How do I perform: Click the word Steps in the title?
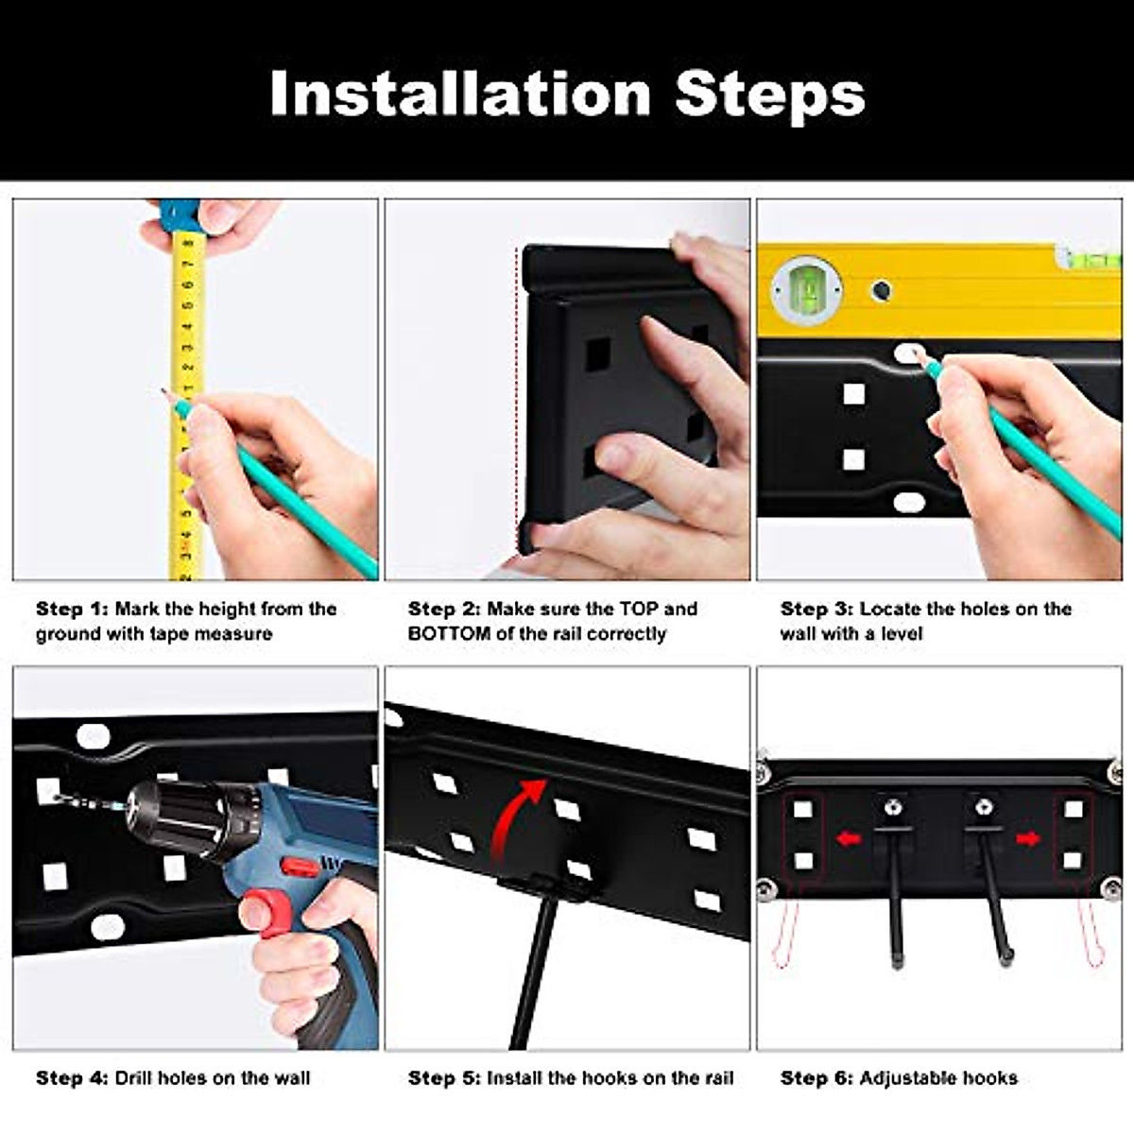pos(771,97)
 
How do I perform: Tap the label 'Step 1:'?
pos(73,610)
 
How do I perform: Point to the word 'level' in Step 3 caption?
pos(902,634)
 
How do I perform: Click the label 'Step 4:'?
pos(73,1078)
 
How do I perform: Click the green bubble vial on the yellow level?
pos(807,289)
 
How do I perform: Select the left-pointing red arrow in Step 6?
pos(850,838)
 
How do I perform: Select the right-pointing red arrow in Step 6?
pos(1028,838)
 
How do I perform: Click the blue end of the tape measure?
pos(179,215)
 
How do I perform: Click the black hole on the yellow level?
pos(881,289)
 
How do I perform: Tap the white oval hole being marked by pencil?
pos(909,353)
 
